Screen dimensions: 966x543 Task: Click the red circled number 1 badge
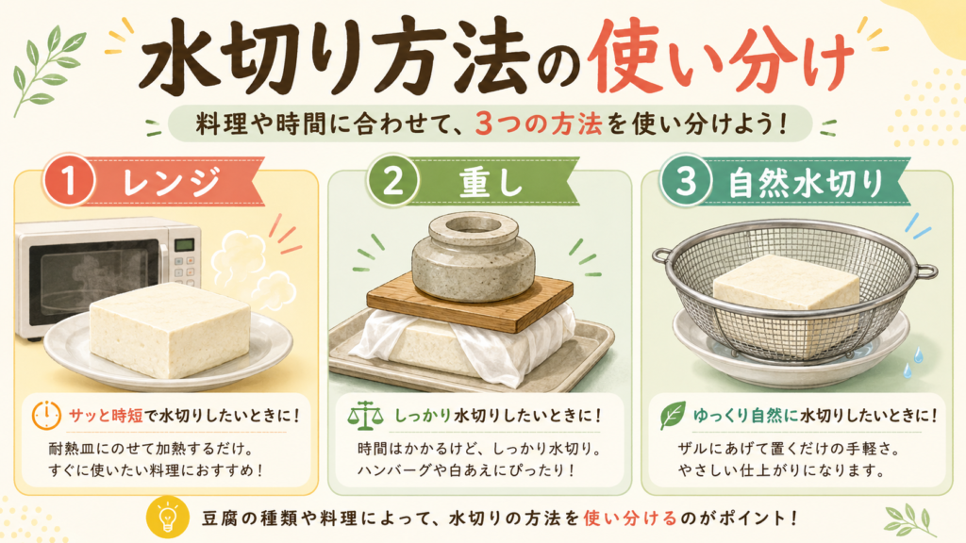coord(68,181)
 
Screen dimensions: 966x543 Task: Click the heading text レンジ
coord(171,182)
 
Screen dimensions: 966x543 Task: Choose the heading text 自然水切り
coord(806,183)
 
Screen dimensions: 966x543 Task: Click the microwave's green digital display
coord(185,245)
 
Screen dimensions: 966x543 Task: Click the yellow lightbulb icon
coord(168,518)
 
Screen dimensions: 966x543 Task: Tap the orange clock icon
coord(46,416)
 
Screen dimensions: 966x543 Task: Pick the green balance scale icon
coord(365,416)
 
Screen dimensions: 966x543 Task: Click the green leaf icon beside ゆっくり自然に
coord(672,415)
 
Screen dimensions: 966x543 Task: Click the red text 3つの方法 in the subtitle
coord(539,124)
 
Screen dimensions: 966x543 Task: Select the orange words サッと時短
coord(106,416)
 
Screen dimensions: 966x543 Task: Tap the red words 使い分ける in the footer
coord(630,518)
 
